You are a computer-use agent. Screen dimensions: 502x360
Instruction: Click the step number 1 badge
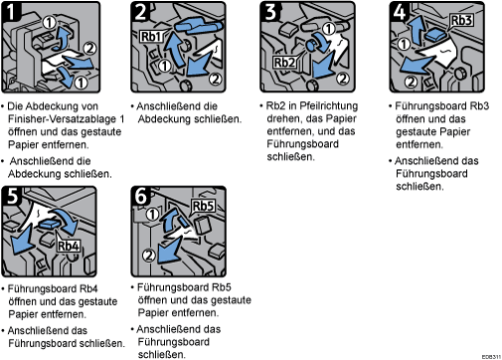click(11, 11)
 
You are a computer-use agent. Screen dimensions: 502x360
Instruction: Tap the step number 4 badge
click(399, 11)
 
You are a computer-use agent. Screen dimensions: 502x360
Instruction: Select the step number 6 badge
click(140, 195)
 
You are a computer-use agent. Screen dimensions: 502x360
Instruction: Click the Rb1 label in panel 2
click(151, 37)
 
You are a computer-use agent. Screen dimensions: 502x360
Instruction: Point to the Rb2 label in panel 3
click(284, 62)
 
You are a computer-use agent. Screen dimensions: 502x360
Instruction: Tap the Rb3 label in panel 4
click(461, 20)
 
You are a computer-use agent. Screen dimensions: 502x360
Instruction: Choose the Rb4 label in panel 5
click(69, 246)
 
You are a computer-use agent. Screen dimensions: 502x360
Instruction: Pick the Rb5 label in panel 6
click(203, 206)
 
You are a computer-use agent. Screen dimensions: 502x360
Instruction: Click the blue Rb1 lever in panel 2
click(198, 26)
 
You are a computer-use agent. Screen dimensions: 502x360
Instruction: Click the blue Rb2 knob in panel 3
click(312, 45)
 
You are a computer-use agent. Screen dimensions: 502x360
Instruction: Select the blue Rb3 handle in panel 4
click(435, 34)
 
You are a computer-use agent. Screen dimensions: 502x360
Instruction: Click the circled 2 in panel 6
click(149, 256)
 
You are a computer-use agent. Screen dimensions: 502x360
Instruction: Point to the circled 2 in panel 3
click(343, 79)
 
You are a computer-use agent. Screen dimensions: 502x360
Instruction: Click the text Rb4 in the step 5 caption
click(88, 288)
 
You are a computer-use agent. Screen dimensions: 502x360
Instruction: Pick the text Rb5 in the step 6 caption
click(222, 287)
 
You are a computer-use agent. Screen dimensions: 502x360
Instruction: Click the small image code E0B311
click(491, 357)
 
